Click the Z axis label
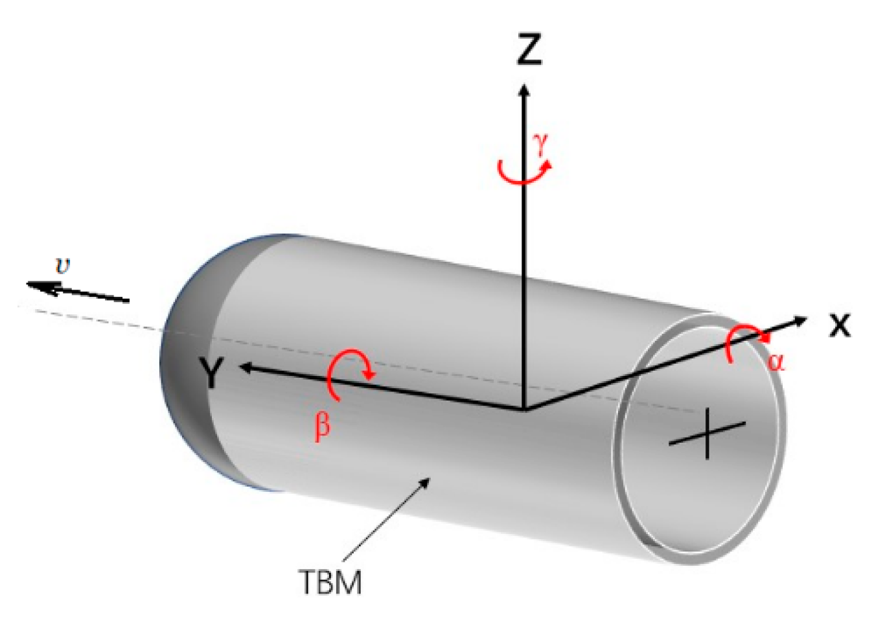tap(529, 49)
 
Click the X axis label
tap(840, 324)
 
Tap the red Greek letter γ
tap(540, 144)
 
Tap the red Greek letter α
tap(775, 361)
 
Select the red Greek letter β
tap(322, 426)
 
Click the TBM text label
tap(330, 581)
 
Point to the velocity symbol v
tap(63, 266)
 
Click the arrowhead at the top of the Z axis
tap(523, 89)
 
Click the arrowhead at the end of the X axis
tap(801, 320)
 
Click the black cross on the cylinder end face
tap(707, 434)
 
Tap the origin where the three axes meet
tap(523, 409)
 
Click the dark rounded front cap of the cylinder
tap(185, 363)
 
